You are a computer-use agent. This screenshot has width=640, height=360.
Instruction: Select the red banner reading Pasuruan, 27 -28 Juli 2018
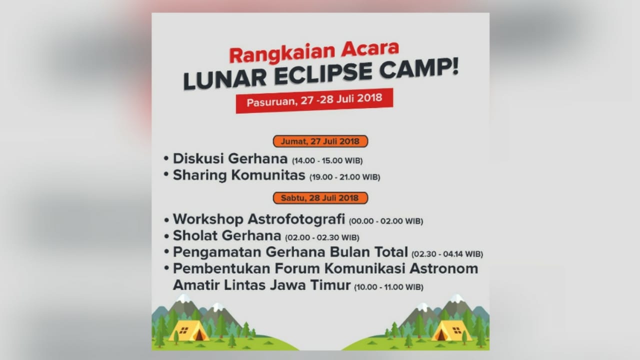click(x=314, y=100)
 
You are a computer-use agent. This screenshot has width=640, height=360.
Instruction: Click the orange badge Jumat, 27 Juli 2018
click(x=320, y=141)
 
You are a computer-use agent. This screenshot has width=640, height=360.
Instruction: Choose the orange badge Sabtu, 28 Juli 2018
click(x=320, y=198)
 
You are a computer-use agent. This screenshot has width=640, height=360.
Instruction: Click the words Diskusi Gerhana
click(x=230, y=158)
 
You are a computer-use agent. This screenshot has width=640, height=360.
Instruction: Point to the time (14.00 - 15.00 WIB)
click(x=327, y=160)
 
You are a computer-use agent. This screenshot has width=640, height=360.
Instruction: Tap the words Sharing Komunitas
click(x=239, y=175)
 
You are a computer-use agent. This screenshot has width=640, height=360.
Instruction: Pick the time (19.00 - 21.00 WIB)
click(x=345, y=177)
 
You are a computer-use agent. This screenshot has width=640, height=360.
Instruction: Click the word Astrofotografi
click(x=296, y=219)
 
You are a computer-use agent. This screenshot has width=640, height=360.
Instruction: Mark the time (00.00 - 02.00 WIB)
click(x=386, y=221)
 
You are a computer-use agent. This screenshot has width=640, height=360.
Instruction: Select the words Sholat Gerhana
click(x=227, y=235)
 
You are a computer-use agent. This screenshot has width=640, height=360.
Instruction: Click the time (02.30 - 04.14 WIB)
click(x=447, y=254)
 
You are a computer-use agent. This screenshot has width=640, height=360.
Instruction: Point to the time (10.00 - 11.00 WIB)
click(x=388, y=287)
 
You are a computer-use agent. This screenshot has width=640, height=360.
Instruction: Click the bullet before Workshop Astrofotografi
click(x=166, y=220)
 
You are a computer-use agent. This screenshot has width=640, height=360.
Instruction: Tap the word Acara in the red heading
click(x=370, y=49)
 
